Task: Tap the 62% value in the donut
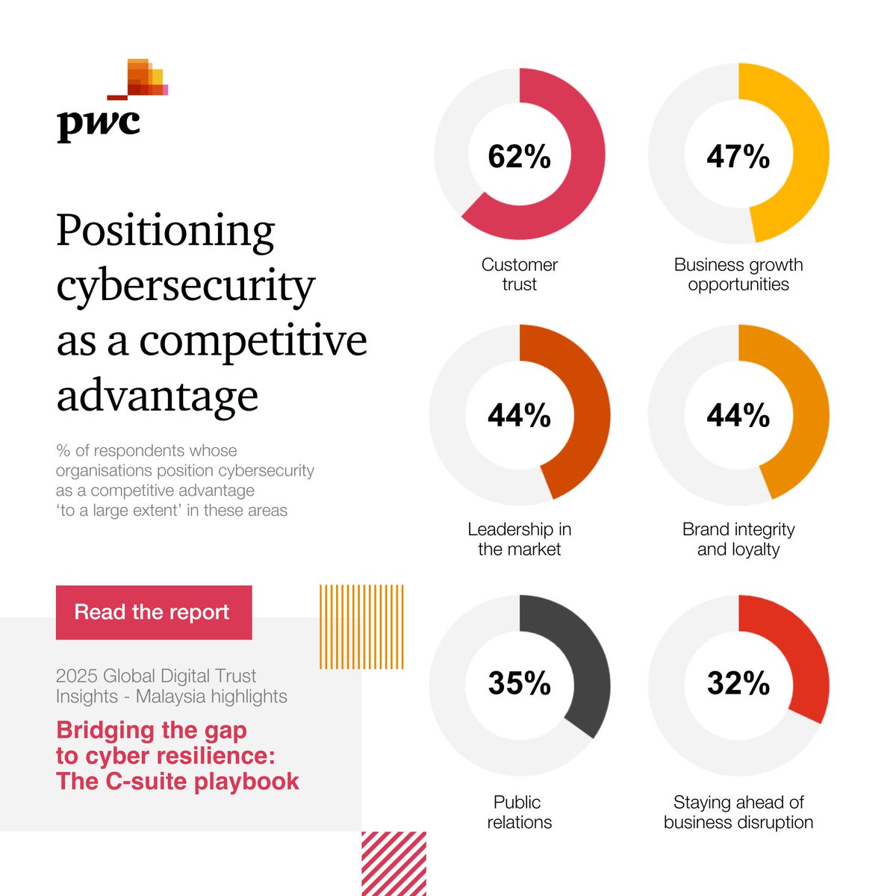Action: point(519,157)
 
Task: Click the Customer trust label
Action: point(519,274)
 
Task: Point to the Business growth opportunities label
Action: point(738,274)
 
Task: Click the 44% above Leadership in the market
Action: point(519,415)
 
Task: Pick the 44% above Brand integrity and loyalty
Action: point(738,415)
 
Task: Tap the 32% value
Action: point(738,683)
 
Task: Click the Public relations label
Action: point(519,812)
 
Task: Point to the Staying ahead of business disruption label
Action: point(738,812)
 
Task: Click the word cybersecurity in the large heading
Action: point(185,285)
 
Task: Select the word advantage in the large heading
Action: point(157,396)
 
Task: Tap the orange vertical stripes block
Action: point(361,626)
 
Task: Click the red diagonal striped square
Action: point(393,863)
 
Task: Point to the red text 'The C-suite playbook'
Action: point(178,781)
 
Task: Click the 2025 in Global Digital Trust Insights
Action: point(77,676)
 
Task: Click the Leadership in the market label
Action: point(519,539)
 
